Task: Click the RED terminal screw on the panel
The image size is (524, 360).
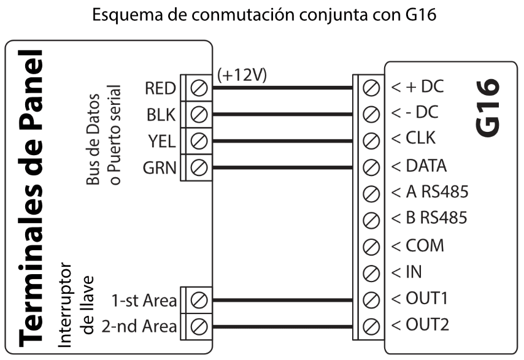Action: [198, 88]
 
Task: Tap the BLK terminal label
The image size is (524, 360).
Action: [161, 114]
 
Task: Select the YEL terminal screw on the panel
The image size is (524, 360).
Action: [198, 140]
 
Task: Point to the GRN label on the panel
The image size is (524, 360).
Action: [161, 166]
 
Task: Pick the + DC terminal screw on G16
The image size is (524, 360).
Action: [370, 88]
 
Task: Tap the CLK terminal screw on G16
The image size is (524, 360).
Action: [370, 140]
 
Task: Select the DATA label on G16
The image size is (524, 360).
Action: [426, 166]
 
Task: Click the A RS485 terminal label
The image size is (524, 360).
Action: [436, 193]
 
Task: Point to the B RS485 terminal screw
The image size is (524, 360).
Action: [370, 219]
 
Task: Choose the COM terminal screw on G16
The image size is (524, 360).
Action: [370, 245]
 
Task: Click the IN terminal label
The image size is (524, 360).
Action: [414, 272]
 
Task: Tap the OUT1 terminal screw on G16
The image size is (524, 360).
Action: [370, 299]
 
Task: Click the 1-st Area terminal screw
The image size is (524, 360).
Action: [198, 301]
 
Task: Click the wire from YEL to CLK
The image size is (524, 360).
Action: [282, 140]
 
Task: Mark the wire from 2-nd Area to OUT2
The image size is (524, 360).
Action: [282, 325]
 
